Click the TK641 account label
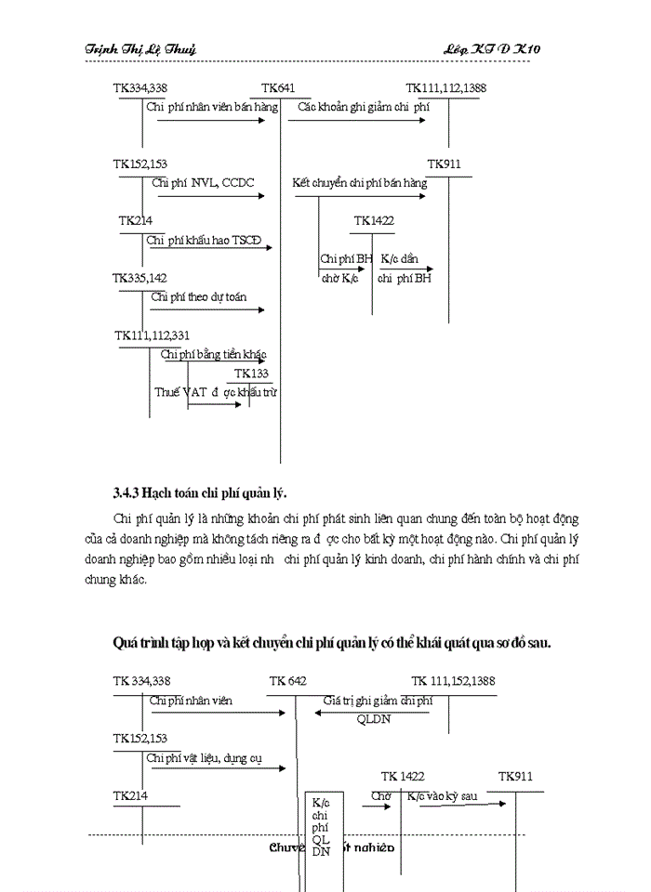pyautogui.click(x=279, y=88)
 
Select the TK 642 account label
pyautogui.click(x=287, y=681)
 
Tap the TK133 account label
pyautogui.click(x=251, y=374)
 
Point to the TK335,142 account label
pyautogui.click(x=139, y=278)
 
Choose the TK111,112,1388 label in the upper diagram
pyautogui.click(x=445, y=88)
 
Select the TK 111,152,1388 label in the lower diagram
pyautogui.click(x=453, y=681)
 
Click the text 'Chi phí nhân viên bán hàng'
pyautogui.click(x=212, y=108)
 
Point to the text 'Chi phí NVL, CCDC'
pyautogui.click(x=203, y=183)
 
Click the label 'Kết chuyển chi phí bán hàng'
pyautogui.click(x=359, y=183)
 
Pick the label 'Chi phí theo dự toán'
pyautogui.click(x=198, y=297)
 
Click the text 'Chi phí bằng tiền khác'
pyautogui.click(x=214, y=354)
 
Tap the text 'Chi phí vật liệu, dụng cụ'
pyautogui.click(x=203, y=758)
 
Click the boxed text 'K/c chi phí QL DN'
pyautogui.click(x=321, y=825)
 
